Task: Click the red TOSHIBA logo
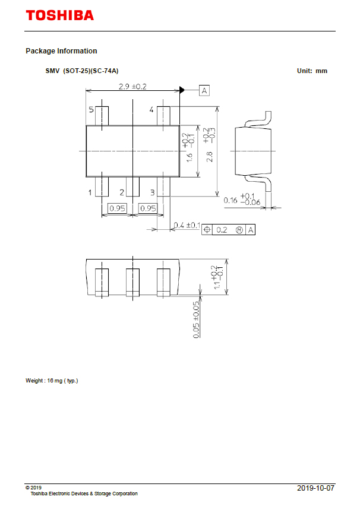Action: click(x=59, y=15)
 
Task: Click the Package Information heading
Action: click(x=61, y=51)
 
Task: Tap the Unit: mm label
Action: click(x=312, y=71)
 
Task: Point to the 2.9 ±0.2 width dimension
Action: click(x=132, y=86)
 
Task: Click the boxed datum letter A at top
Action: click(x=204, y=90)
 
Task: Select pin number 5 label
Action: click(x=91, y=110)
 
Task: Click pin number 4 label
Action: click(x=151, y=110)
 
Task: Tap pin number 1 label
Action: click(x=90, y=192)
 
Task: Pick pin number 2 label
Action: click(x=121, y=192)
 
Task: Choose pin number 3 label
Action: click(x=152, y=192)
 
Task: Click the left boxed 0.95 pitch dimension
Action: click(x=117, y=208)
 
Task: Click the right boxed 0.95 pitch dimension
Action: click(x=147, y=208)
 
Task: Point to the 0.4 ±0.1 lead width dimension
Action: click(x=186, y=225)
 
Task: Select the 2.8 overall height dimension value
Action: click(x=209, y=156)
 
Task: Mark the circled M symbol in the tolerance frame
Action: click(x=239, y=230)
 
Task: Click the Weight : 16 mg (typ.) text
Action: click(x=52, y=380)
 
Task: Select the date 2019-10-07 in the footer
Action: click(x=315, y=488)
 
